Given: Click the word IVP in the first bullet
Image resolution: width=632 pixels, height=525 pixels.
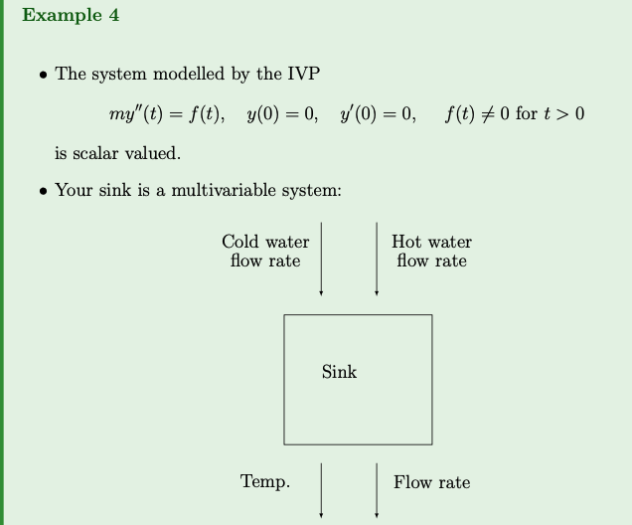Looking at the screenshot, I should point(301,74).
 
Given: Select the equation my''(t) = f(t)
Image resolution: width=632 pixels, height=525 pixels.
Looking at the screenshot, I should point(166,114).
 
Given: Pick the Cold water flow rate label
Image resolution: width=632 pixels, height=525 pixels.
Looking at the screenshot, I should point(265,252).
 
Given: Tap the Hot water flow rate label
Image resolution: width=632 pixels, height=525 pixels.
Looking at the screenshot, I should point(431,252).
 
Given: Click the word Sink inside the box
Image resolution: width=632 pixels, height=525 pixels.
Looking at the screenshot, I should point(339,372).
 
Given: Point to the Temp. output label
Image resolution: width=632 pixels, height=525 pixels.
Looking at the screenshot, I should point(265,482).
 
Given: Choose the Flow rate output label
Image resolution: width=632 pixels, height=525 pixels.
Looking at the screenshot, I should point(431,482).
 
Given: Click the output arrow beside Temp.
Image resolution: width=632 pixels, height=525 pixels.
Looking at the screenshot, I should point(321,489).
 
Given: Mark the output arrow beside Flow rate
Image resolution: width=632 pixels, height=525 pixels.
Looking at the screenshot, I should point(377,489).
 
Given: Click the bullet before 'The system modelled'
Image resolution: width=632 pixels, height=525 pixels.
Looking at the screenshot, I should point(42,75).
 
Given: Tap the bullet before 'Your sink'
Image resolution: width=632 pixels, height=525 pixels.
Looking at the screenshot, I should point(42,190).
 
